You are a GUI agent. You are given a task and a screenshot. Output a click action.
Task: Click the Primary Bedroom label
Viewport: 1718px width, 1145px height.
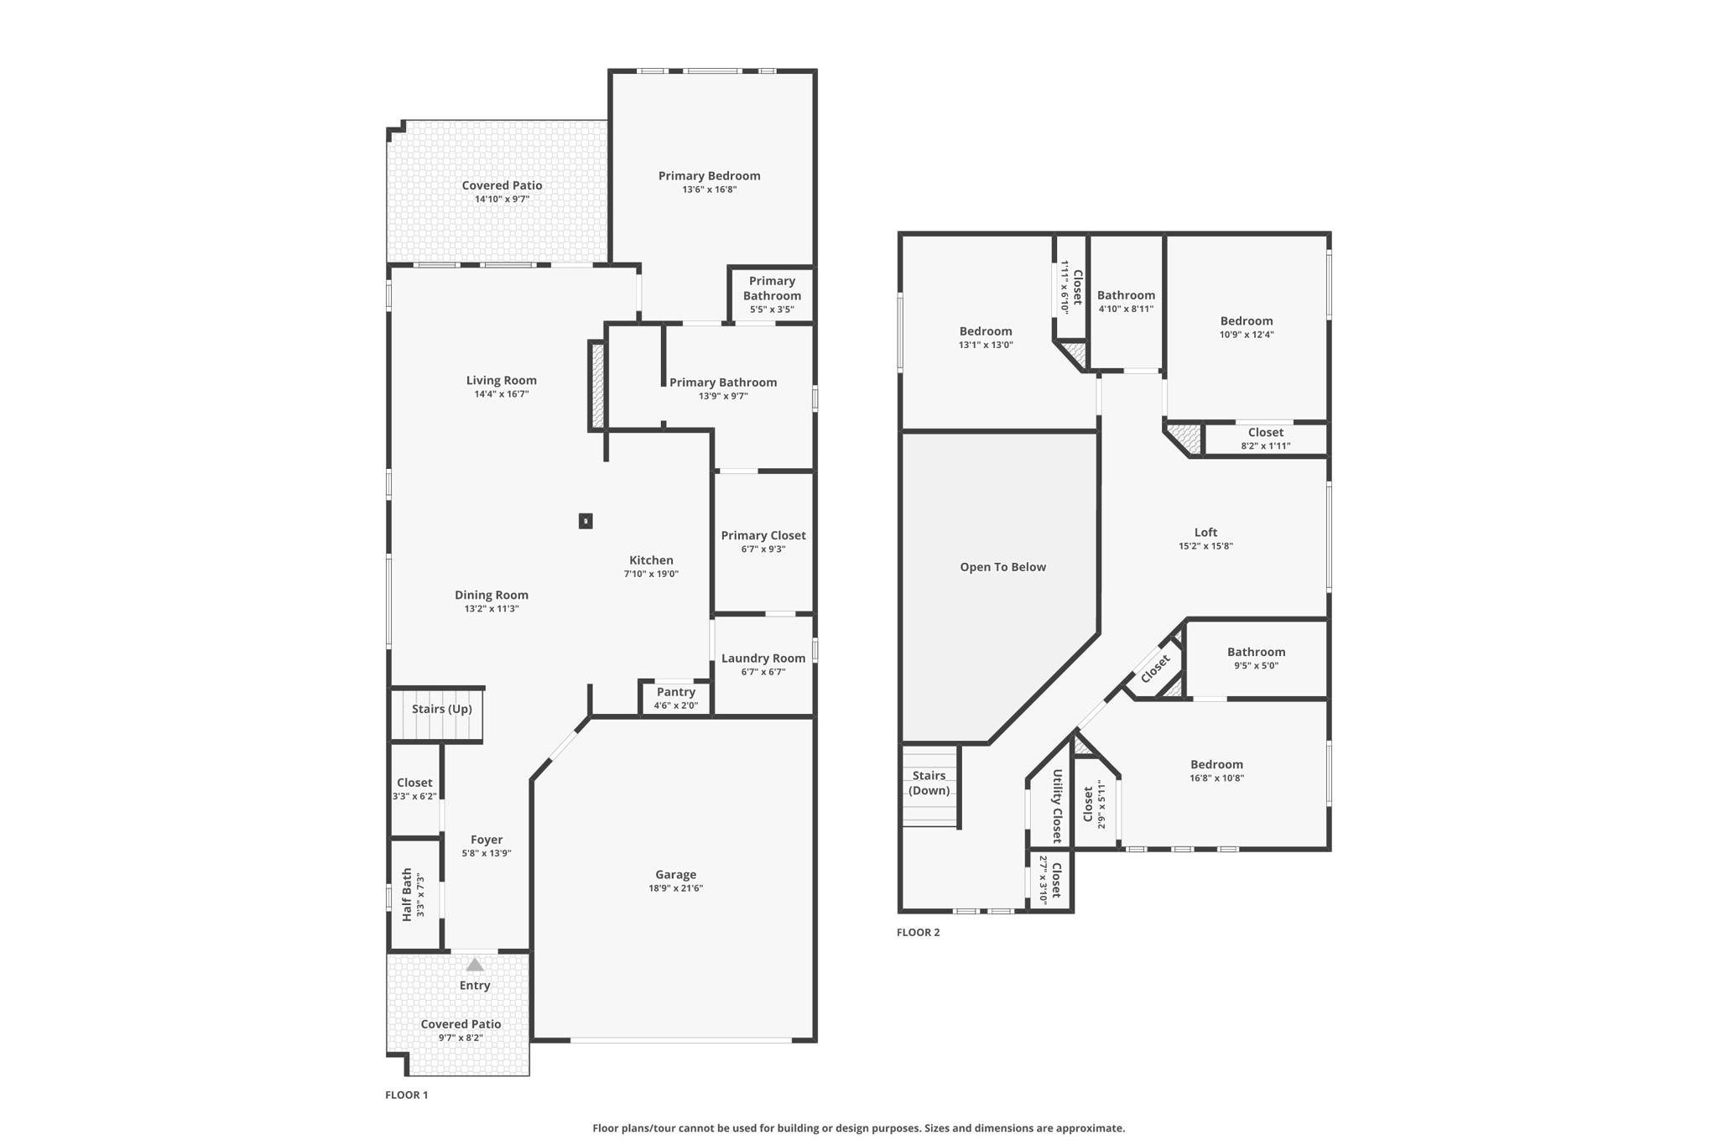tap(709, 175)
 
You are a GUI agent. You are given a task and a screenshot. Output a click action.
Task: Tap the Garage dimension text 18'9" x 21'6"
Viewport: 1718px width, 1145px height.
tap(675, 888)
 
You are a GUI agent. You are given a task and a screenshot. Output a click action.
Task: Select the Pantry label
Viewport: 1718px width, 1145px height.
tap(676, 692)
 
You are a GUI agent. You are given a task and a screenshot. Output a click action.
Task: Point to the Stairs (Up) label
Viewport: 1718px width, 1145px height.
tap(442, 709)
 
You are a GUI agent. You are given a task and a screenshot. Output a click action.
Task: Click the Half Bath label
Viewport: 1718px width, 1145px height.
tap(407, 895)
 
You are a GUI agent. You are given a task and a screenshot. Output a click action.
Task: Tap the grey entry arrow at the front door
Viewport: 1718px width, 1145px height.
tap(475, 965)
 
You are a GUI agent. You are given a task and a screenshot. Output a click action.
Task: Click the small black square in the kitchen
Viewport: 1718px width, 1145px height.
tap(586, 521)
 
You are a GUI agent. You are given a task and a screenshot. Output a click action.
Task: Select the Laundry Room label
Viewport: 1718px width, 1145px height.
tap(763, 658)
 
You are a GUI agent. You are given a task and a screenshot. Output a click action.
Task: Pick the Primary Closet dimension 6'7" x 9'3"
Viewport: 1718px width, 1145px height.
tap(763, 549)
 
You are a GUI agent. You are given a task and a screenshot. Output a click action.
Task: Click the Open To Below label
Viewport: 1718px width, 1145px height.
tap(1003, 567)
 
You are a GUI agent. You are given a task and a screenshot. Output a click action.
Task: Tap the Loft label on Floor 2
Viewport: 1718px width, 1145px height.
tap(1205, 532)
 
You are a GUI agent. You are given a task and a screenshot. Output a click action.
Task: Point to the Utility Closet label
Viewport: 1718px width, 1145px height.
tap(1057, 806)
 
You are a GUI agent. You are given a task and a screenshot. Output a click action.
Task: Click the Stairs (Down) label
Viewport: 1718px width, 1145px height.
tap(929, 783)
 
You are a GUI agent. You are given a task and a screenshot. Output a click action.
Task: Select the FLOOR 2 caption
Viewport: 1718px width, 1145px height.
tap(919, 932)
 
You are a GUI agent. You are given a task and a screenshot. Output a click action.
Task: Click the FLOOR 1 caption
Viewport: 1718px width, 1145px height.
tap(407, 1095)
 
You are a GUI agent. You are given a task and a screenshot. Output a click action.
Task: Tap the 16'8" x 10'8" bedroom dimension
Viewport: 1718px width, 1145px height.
tap(1216, 778)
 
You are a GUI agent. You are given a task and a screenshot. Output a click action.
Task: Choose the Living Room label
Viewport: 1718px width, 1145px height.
tap(502, 380)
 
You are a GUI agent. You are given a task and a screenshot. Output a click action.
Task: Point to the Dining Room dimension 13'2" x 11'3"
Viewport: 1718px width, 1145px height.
tap(492, 609)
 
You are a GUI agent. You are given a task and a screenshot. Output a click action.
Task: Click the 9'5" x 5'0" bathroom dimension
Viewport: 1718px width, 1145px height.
tap(1256, 666)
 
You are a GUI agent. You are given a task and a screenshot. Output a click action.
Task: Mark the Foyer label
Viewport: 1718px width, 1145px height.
tap(487, 840)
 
